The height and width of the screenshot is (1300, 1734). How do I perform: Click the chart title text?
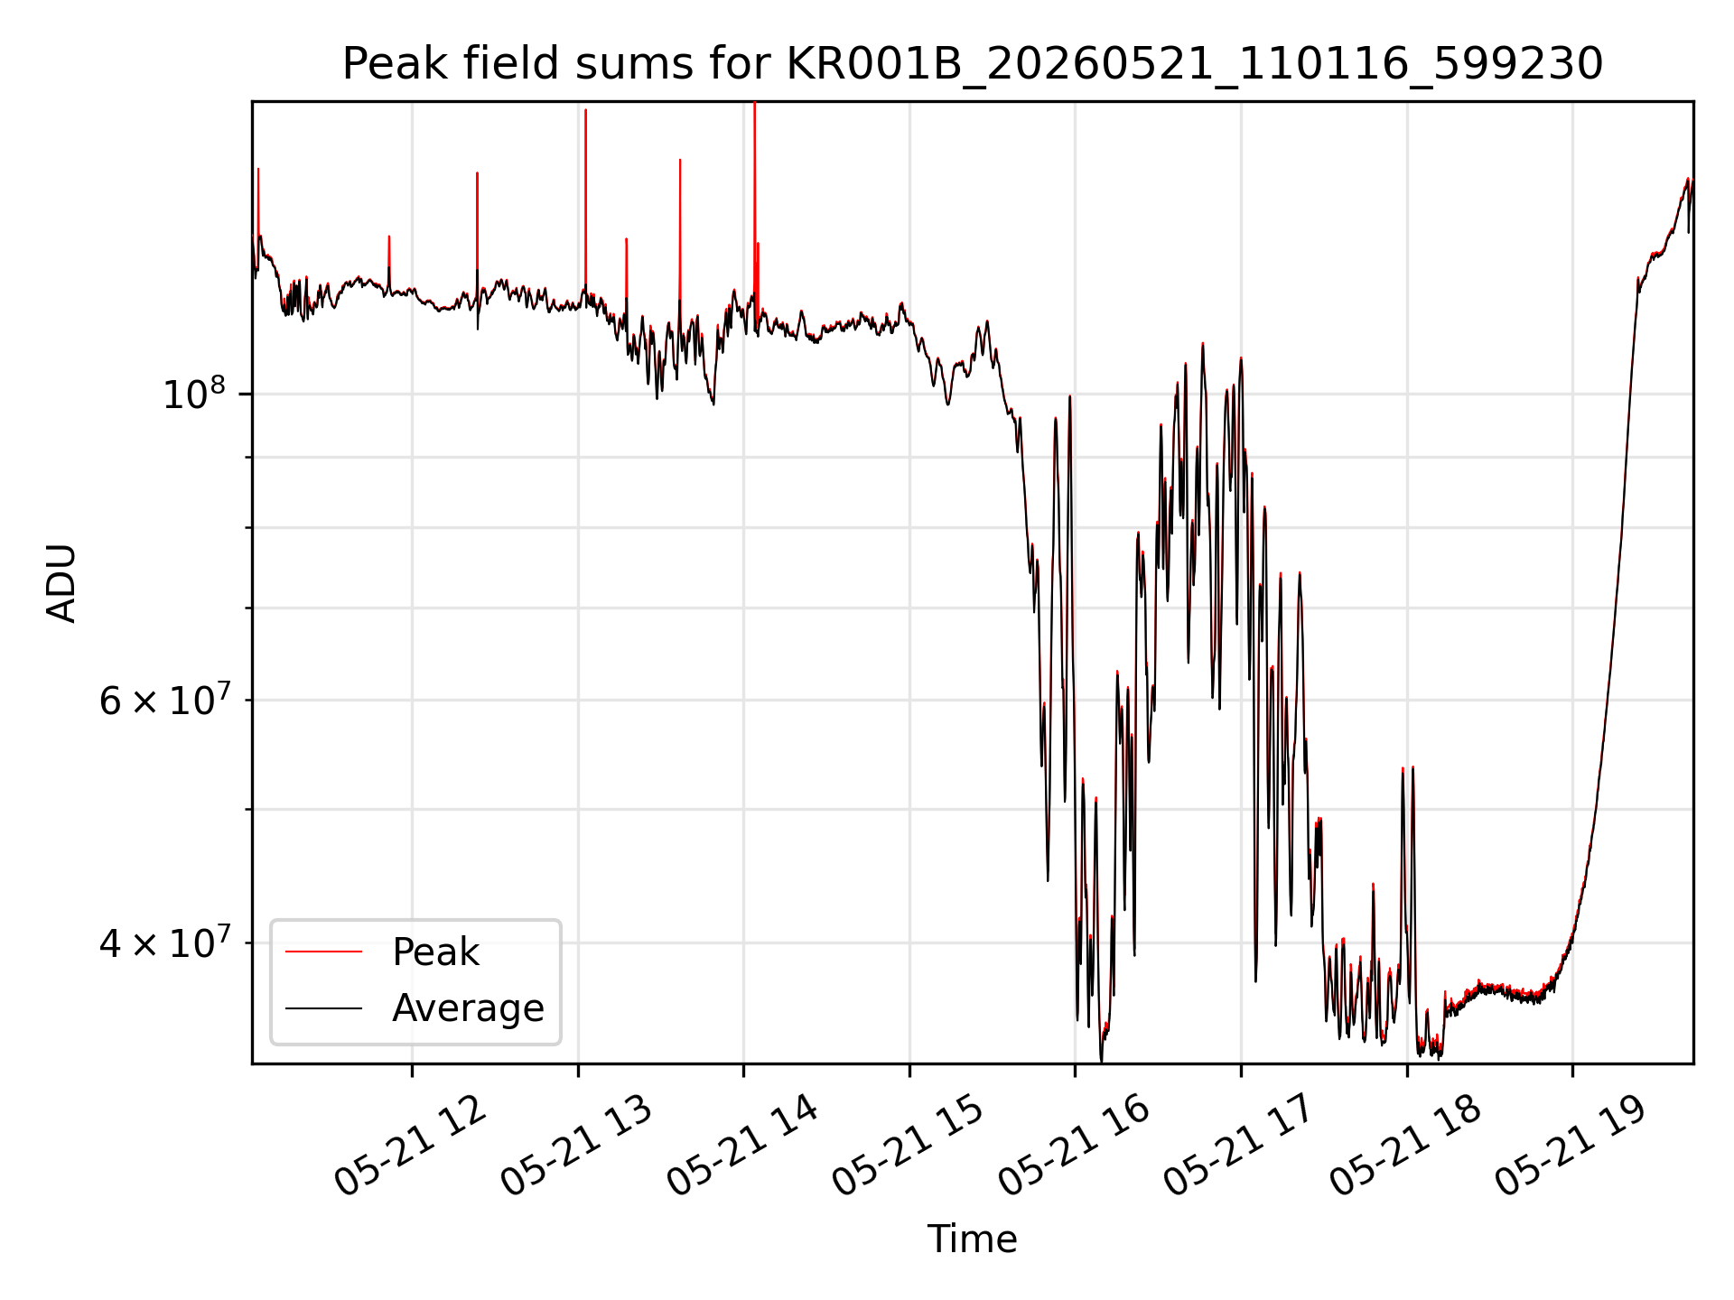[x=972, y=64]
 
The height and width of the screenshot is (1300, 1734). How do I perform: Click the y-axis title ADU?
[x=61, y=582]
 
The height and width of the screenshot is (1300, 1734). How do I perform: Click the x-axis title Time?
[x=972, y=1240]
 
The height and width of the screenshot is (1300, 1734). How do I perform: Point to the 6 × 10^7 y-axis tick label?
[x=163, y=700]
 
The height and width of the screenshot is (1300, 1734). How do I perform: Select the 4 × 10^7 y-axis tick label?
[x=163, y=943]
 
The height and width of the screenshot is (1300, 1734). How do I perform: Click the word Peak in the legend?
[x=435, y=952]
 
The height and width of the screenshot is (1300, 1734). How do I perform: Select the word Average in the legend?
[x=468, y=1008]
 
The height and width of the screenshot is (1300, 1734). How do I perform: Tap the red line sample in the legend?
[x=323, y=952]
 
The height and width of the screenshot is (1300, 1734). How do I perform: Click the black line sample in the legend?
[x=323, y=1007]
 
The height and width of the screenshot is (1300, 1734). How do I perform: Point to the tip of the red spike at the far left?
[x=258, y=169]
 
